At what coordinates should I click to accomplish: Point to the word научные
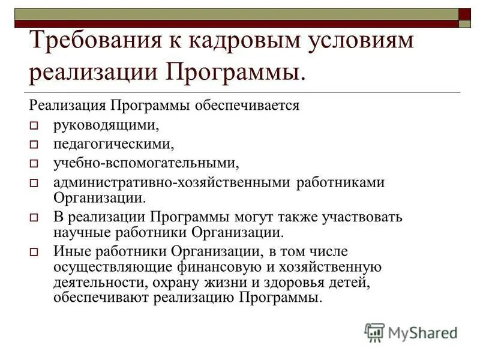(76, 232)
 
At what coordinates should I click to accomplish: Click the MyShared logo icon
(374, 332)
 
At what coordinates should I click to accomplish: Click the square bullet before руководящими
(34, 126)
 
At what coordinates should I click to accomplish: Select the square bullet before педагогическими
(34, 145)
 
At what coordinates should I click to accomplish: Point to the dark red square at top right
(464, 14)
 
